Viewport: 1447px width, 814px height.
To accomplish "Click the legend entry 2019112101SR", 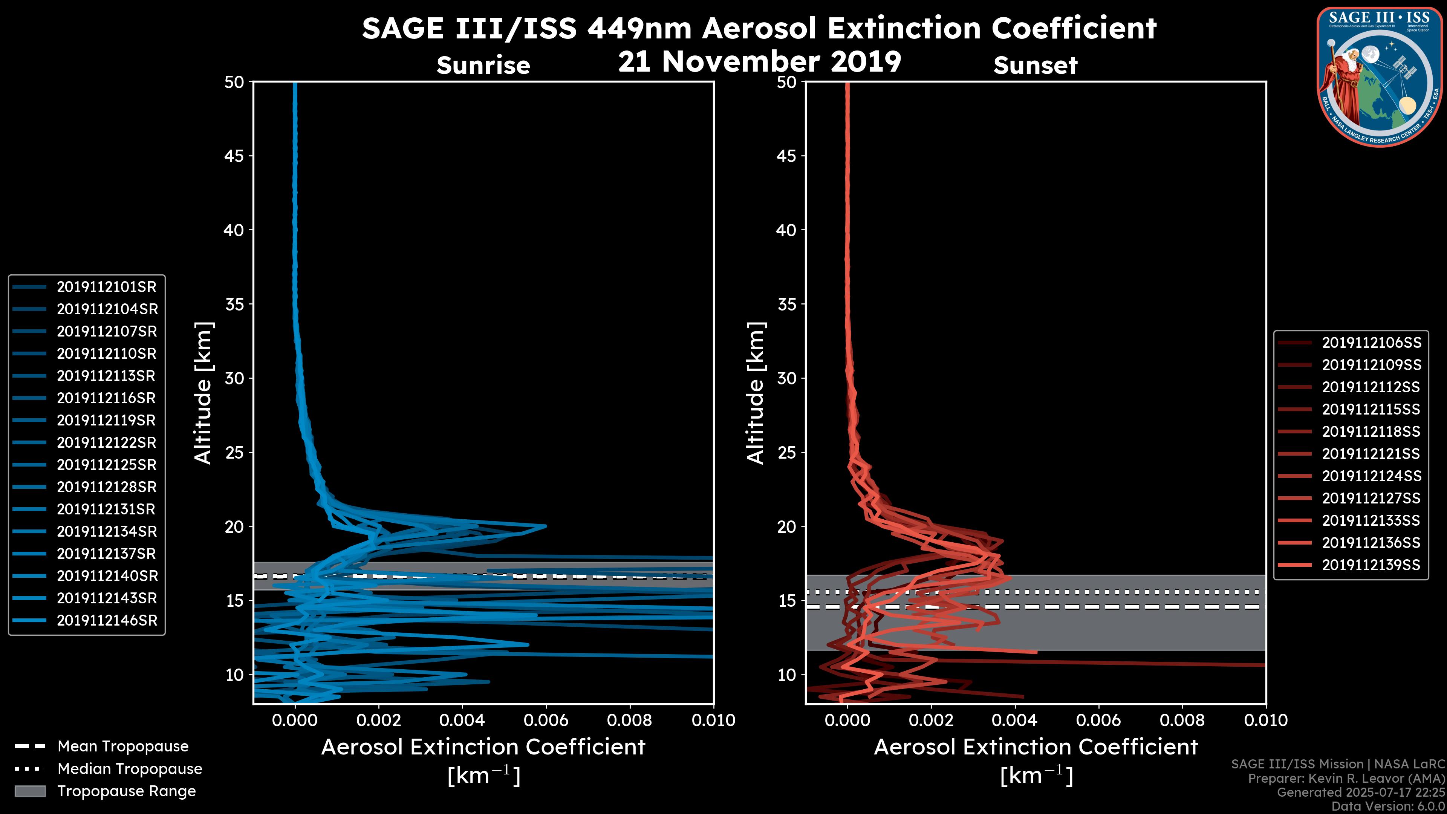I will tap(106, 287).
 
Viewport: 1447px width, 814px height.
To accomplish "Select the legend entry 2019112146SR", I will tap(107, 621).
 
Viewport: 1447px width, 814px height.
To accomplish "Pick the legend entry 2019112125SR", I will tap(106, 465).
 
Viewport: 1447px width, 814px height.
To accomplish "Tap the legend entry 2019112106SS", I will tap(1371, 343).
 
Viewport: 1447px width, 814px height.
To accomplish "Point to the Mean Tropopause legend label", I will tap(123, 747).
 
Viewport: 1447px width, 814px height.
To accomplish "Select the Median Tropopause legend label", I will tap(130, 769).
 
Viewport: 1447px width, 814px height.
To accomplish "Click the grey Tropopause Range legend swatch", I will tap(30, 791).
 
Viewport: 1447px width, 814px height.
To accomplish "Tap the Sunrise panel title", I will tap(483, 66).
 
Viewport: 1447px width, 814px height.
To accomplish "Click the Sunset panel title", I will tap(1035, 66).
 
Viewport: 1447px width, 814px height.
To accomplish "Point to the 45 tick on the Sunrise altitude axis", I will tap(234, 156).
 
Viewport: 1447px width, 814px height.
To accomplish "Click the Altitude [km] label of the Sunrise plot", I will tap(203, 393).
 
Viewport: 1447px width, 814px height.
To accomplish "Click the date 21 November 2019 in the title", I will tap(759, 62).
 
